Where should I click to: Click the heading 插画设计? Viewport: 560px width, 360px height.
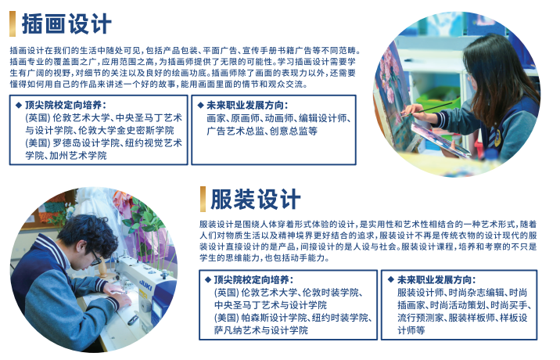tap(66, 24)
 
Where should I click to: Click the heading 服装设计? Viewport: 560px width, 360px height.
tap(255, 199)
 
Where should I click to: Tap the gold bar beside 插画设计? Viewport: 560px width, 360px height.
tap(13, 24)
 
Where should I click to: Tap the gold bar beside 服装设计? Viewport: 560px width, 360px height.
tap(203, 199)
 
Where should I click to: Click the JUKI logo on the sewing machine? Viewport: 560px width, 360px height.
tap(145, 285)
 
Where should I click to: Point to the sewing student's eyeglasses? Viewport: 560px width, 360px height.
tap(95, 258)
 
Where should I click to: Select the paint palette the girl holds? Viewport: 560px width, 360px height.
tap(439, 140)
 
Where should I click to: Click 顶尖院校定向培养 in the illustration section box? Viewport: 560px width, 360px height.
tap(66, 105)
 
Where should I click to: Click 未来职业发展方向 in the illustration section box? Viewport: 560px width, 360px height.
tap(247, 105)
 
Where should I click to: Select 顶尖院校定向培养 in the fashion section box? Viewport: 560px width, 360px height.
tap(253, 280)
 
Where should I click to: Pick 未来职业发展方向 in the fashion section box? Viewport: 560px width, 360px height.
tap(436, 280)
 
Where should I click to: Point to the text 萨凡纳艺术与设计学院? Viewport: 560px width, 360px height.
tap(260, 330)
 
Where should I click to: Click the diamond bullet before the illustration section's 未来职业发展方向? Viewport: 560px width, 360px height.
tap(201, 105)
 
